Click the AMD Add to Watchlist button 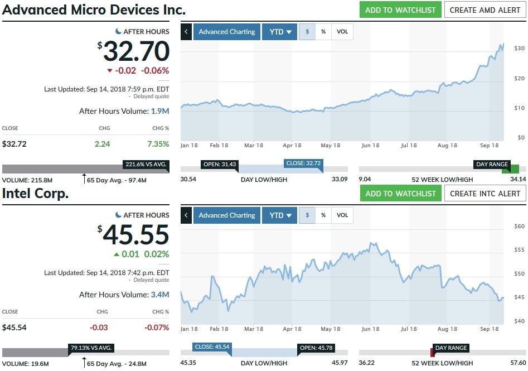pos(400,9)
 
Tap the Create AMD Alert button pos(485,9)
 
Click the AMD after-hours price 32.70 pos(136,52)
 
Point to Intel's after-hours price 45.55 pos(136,235)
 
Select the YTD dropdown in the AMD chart pos(280,32)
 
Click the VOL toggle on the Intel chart pos(342,215)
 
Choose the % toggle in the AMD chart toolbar pos(323,32)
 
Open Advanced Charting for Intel pos(227,215)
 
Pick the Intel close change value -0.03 pos(99,327)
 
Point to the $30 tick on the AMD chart pos(519,49)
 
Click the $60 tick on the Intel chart pos(519,226)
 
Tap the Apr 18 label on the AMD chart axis pos(292,146)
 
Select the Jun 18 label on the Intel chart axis pos(370,329)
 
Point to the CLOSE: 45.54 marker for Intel pos(212,347)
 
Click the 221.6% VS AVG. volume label pos(146,165)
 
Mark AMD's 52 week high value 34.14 pos(517,179)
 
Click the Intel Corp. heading pos(36,194)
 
